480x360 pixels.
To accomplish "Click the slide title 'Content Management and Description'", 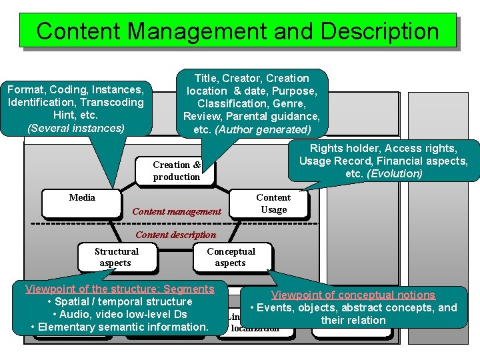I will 238,31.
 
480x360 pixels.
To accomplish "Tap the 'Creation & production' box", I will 176,171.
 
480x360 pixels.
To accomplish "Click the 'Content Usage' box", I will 273,203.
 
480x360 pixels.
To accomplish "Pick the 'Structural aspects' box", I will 117,257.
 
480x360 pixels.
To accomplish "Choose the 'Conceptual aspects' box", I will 231,257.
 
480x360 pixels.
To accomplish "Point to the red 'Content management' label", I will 177,212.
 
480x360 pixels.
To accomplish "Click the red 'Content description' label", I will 175,235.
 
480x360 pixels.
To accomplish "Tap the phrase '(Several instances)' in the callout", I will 75,127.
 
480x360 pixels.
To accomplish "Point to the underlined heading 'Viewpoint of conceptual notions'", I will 353,295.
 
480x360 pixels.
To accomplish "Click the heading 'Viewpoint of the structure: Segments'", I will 119,289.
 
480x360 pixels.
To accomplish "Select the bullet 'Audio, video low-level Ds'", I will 119,314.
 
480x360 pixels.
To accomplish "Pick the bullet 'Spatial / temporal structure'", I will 119,301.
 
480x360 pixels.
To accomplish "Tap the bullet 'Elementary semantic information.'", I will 119,327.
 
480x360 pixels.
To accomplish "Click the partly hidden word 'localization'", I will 255,329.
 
